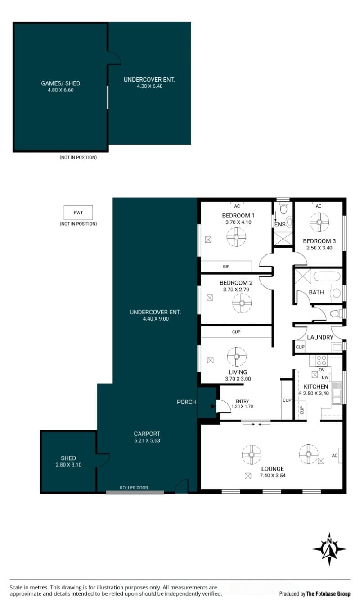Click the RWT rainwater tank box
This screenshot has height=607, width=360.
78,213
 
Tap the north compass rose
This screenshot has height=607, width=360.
329,549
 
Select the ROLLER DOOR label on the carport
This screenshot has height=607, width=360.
134,488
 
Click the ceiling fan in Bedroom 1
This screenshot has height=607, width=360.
236,237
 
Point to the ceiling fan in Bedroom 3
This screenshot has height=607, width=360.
319,222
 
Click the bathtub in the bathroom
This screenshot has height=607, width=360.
327,276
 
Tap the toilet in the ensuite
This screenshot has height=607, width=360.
283,208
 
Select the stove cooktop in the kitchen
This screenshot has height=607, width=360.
322,361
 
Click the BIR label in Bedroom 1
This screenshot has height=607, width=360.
226,267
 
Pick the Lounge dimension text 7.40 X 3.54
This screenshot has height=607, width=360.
273,476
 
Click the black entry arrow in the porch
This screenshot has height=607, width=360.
213,407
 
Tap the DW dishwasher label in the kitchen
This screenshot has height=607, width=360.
325,377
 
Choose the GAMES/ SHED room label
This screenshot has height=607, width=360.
61,83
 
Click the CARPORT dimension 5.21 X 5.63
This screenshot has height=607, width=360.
147,441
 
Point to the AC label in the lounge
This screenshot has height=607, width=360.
335,456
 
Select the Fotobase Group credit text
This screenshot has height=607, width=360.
315,594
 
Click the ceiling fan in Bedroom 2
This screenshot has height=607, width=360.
242,303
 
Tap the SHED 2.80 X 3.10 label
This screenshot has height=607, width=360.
68,461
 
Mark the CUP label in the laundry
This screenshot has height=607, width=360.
300,347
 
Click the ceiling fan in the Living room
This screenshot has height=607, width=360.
237,357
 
